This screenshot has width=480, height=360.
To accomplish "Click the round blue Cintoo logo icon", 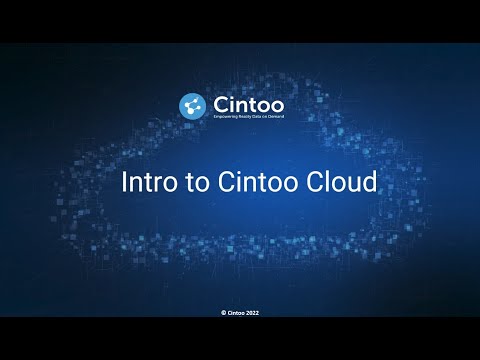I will click(192, 105).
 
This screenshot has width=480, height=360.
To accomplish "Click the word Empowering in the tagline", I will click(224, 118).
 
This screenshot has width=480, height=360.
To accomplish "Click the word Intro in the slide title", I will click(144, 184).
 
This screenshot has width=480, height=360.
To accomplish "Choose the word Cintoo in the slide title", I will click(236, 184).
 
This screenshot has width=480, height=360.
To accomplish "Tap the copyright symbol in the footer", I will click(223, 312).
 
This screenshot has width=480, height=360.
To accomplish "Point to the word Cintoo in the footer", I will click(235, 312).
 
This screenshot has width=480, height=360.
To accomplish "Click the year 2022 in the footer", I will click(253, 312).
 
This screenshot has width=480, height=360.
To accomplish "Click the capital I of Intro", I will click(123, 184).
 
